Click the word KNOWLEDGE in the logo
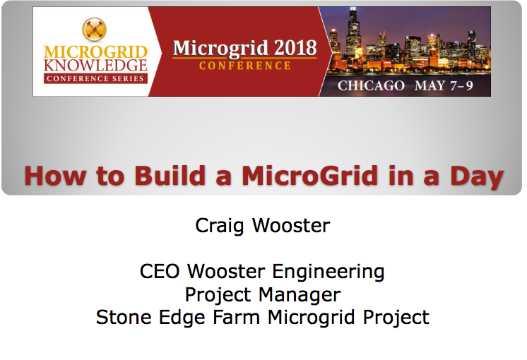(x=95, y=64)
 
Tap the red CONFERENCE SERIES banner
(x=95, y=78)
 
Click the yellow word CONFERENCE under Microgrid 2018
(x=244, y=66)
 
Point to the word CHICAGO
(x=371, y=85)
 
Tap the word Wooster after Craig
(x=290, y=226)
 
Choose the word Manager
(x=302, y=294)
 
